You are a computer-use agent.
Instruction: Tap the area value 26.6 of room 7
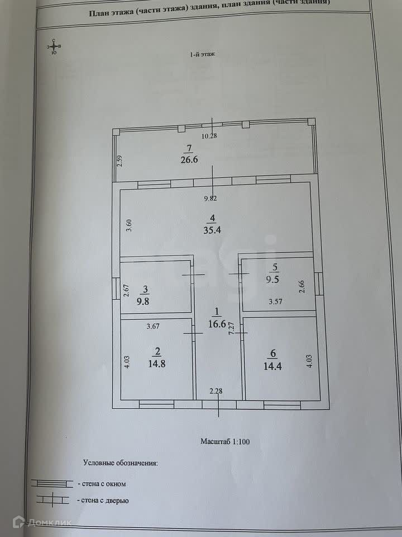click(189, 159)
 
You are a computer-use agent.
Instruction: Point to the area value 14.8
click(157, 362)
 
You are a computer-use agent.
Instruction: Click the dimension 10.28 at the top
click(209, 136)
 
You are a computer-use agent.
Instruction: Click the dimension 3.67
click(154, 326)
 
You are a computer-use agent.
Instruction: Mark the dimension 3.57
click(276, 302)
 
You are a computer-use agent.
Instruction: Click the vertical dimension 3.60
click(128, 225)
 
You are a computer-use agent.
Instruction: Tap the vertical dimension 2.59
click(118, 163)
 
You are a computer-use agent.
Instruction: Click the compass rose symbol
click(54, 46)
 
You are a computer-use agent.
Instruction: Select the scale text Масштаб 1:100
click(225, 441)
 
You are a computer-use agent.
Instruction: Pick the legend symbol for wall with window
click(51, 483)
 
